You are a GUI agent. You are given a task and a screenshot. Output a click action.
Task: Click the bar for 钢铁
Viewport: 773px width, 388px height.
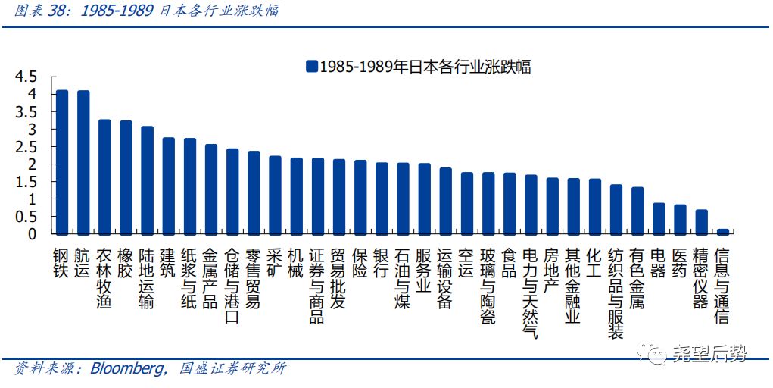62,161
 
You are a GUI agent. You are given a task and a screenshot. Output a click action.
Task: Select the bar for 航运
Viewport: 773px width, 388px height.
83,161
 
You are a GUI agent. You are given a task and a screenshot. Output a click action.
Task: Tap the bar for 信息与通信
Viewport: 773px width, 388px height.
722,231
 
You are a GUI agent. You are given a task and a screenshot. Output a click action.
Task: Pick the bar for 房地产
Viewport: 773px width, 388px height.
552,205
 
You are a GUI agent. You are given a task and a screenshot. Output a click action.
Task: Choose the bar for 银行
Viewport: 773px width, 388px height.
382,198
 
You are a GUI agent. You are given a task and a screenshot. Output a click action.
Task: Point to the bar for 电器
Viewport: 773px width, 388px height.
659,218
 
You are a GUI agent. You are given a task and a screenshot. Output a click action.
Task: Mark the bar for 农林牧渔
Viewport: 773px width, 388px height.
104,177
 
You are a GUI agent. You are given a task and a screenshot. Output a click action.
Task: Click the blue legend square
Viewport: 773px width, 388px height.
311,67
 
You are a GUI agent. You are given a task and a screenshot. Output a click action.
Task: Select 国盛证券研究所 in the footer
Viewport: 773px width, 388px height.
233,369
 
